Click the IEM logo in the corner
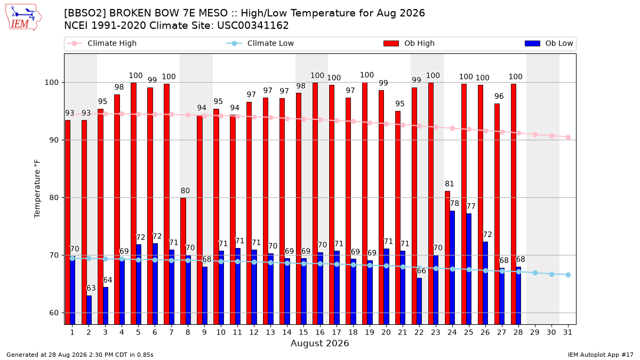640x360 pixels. pos(23,17)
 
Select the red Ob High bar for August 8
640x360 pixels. pos(183,261)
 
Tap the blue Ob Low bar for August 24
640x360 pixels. pos(452,268)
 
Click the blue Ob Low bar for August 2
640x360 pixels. pos(89,310)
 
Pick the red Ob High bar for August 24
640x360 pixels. pos(447,258)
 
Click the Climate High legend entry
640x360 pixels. pos(102,43)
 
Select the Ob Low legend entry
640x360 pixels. pos(549,43)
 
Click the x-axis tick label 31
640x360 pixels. pos(567,333)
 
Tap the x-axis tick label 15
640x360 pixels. pos(303,333)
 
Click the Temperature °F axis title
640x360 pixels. pos(37,189)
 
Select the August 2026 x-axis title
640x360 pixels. pos(319,343)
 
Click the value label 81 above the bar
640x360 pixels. pos(450,183)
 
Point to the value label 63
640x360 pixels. pos(91,288)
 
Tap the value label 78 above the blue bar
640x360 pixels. pos(454,203)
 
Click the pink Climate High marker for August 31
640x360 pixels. pos(568,137)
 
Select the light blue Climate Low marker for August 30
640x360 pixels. pos(551,274)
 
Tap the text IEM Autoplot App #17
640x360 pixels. pos(601,355)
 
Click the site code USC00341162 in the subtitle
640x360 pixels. pos(253,26)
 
